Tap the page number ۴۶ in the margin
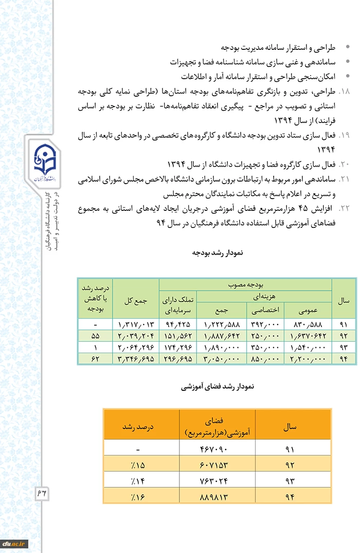[41, 493]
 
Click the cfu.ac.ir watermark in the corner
[14, 543]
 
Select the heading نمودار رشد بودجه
[217, 253]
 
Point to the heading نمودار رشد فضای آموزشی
[217, 385]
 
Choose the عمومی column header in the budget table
[308, 310]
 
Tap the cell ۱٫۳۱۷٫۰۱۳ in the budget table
[136, 325]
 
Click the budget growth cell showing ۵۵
[95, 336]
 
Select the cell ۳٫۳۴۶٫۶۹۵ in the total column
[136, 358]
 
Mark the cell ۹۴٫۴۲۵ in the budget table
[177, 325]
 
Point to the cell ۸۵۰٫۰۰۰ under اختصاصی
[265, 358]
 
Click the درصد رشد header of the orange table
[138, 427]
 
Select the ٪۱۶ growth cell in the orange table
[138, 497]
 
